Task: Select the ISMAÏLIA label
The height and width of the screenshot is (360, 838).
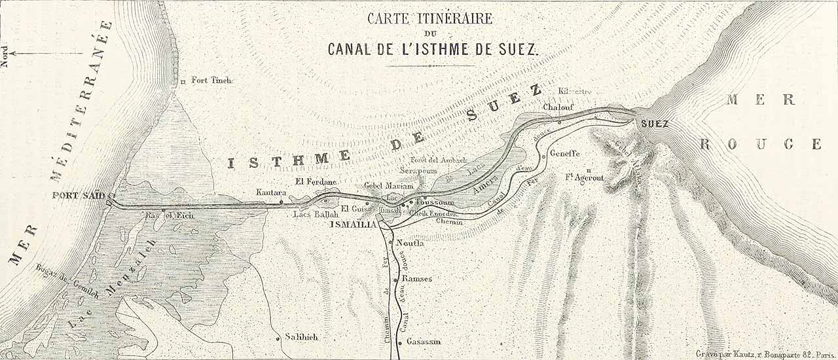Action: tap(354, 225)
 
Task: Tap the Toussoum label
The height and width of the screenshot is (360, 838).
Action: tap(435, 203)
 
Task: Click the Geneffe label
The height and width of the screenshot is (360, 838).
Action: tap(566, 154)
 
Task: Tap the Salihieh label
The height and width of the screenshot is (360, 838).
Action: tap(301, 336)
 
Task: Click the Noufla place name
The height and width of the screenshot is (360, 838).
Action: tap(410, 243)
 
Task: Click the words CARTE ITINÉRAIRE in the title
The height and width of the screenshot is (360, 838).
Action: tap(429, 18)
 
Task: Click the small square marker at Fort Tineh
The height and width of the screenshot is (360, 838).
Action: tap(183, 82)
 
